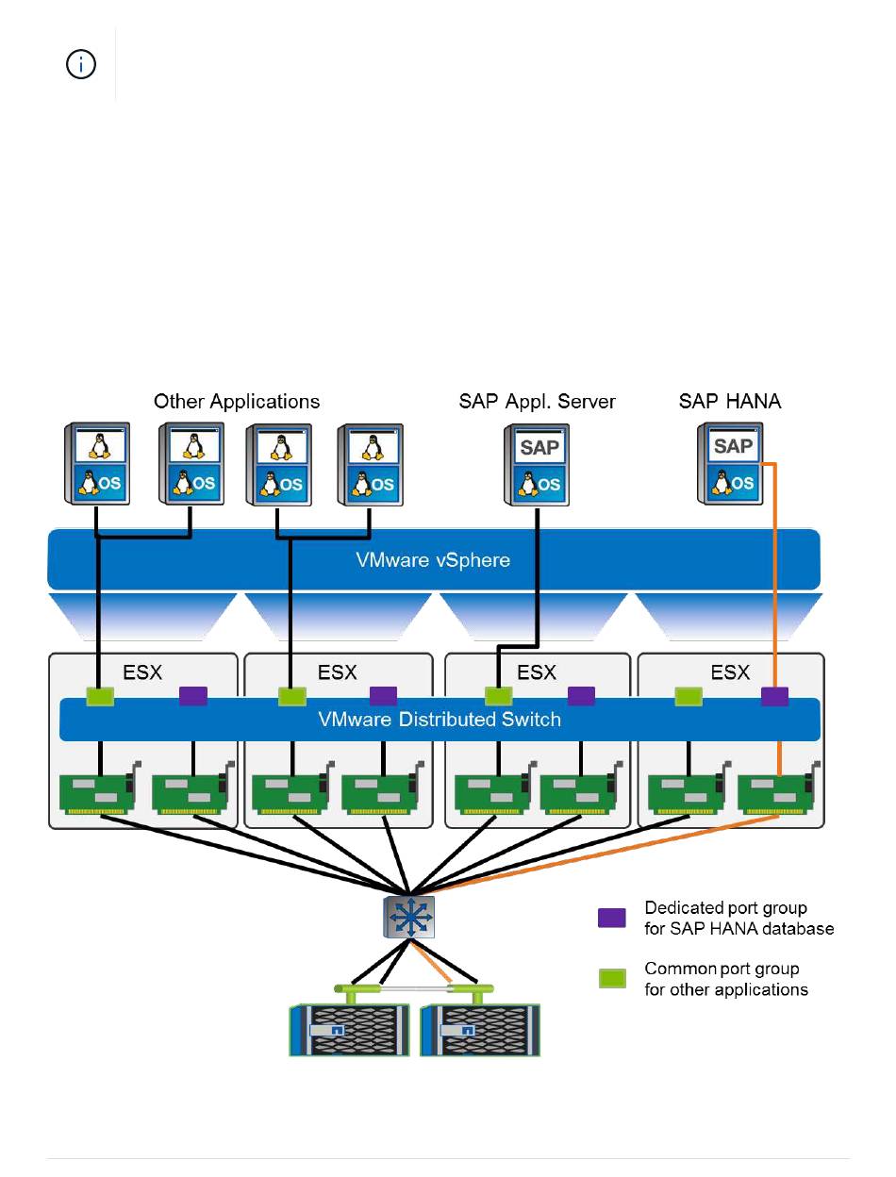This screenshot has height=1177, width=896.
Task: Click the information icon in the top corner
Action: point(80,65)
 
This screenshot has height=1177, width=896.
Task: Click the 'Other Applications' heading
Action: point(237,402)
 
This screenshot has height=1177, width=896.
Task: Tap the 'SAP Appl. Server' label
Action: point(537,402)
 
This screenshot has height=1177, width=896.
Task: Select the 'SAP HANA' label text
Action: point(729,401)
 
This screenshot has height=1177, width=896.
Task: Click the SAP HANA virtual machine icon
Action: point(730,463)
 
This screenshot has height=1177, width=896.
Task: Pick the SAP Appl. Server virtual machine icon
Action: point(537,464)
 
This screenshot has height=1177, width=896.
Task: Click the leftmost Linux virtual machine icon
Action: point(96,463)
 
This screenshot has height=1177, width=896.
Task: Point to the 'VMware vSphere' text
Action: point(433,560)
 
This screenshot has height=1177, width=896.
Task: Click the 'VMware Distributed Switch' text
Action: point(440,719)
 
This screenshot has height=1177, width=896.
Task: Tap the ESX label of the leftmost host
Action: point(142,671)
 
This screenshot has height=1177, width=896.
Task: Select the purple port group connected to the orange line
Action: point(774,696)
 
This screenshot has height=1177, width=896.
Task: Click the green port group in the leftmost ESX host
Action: point(100,696)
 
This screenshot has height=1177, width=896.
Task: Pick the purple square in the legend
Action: point(611,918)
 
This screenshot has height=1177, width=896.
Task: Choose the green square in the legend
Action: point(612,978)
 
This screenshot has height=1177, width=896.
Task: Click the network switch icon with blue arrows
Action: point(408,917)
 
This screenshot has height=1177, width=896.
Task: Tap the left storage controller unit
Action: point(349,1030)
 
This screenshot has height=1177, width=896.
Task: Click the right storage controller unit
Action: point(480,1030)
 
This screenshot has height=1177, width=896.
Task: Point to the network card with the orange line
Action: point(778,788)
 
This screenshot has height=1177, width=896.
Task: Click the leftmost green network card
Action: point(100,788)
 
